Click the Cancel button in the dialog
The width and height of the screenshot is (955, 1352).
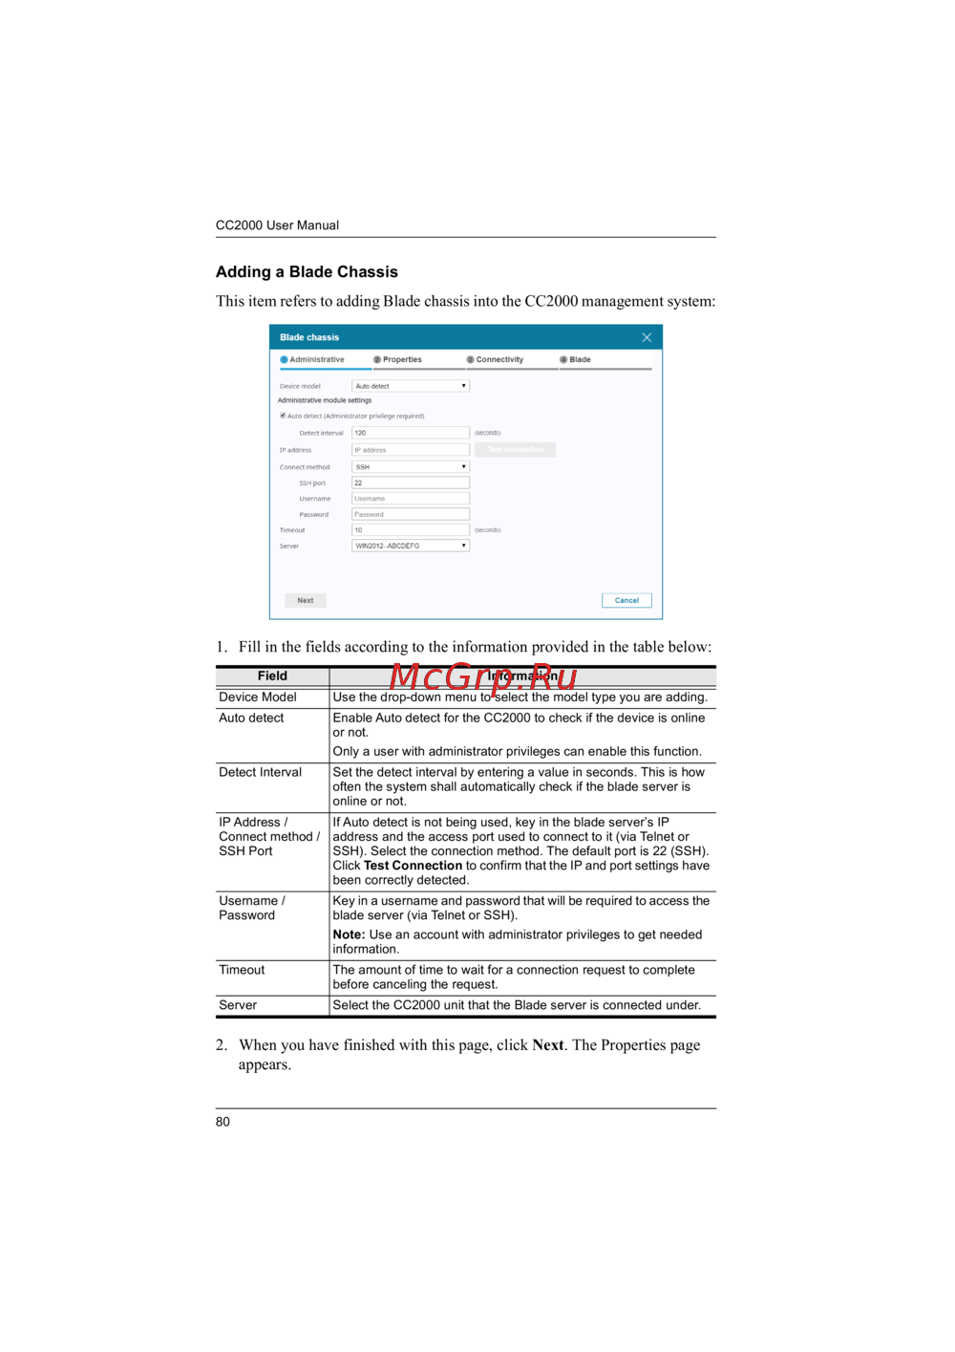click(x=626, y=600)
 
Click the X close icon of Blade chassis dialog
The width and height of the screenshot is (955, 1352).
click(x=647, y=337)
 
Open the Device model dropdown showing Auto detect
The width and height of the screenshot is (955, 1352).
click(x=411, y=386)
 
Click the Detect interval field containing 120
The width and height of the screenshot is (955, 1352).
click(x=411, y=433)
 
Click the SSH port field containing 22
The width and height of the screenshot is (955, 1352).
click(x=411, y=483)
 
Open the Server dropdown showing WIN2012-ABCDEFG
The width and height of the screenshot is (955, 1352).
click(x=411, y=546)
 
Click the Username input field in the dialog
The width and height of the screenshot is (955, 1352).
click(x=411, y=499)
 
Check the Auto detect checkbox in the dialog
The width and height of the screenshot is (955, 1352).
click(x=283, y=416)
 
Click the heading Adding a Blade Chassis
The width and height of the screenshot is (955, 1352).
click(x=307, y=272)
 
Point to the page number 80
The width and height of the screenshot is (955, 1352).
click(x=223, y=1122)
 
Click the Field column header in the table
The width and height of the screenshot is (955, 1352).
click(x=272, y=676)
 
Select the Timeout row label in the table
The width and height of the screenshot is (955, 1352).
click(x=242, y=970)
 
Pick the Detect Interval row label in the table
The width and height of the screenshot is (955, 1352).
click(x=260, y=772)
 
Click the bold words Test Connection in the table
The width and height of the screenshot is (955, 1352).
click(x=413, y=866)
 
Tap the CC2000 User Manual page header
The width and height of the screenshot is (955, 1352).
click(x=277, y=225)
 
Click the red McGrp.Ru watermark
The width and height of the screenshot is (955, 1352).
click(x=483, y=676)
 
